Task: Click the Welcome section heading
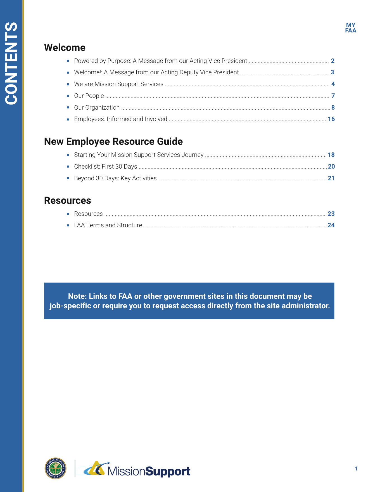pyautogui.click(x=65, y=48)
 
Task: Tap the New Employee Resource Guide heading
pyautogui.click(x=113, y=141)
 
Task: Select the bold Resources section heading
pyautogui.click(x=68, y=200)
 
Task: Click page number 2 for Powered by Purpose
pyautogui.click(x=332, y=61)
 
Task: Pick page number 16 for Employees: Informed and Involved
pyautogui.click(x=331, y=119)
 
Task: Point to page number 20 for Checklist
pyautogui.click(x=331, y=167)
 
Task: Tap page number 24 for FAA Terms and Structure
pyautogui.click(x=331, y=225)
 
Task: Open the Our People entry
pyautogui.click(x=89, y=96)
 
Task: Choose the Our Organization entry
pyautogui.click(x=97, y=108)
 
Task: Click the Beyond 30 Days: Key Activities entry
pyautogui.click(x=115, y=178)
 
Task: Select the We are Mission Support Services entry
pyautogui.click(x=118, y=84)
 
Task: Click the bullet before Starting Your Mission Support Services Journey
pyautogui.click(x=68, y=155)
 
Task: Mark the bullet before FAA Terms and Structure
pyautogui.click(x=68, y=225)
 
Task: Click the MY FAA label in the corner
pyautogui.click(x=351, y=28)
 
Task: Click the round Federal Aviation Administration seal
pyautogui.click(x=56, y=468)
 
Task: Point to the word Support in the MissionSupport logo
pyautogui.click(x=168, y=471)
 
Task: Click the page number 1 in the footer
pyautogui.click(x=356, y=469)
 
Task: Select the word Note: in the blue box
pyautogui.click(x=77, y=296)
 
